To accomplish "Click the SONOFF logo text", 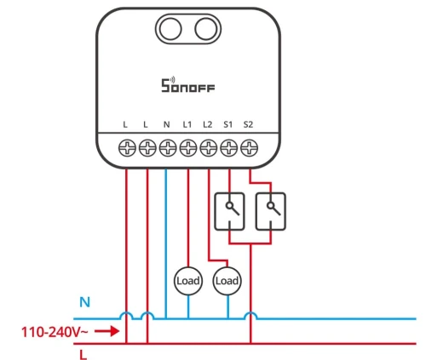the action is pos(188,85).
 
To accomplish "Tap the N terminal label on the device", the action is pos(166,124).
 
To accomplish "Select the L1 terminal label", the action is pos(187,124).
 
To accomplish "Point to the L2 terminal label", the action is pos(208,124).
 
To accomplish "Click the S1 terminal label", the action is pos(227,124).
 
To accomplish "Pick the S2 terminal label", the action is pos(248,124).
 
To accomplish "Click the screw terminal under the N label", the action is pos(168,148).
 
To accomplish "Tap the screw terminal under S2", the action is pos(249,148).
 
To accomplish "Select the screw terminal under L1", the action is pos(188,148).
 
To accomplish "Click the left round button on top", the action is pos(170,29).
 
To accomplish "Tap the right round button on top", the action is pos(206,29).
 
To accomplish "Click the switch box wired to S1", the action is pos(229,211).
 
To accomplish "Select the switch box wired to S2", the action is pos(271,211).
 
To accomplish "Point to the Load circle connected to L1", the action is pos(188,281).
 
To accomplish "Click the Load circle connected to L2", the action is pos(227,281).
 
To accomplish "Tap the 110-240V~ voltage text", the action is pos(55,332).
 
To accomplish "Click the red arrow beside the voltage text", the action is pos(106,331).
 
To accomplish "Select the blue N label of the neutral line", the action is pos(84,302).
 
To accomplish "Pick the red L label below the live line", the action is pos(83,355).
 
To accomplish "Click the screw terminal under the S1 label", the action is pos(229,148).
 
